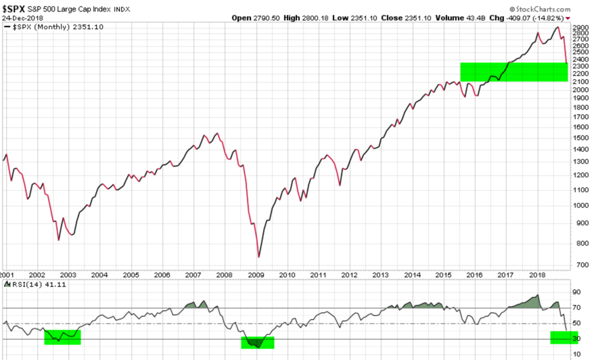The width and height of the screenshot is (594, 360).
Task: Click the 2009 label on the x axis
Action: click(x=256, y=275)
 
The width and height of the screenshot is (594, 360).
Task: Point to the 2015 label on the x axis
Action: click(x=443, y=275)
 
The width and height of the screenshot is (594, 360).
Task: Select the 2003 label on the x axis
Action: click(x=69, y=275)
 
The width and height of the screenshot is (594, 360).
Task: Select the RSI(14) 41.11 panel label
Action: click(x=28, y=286)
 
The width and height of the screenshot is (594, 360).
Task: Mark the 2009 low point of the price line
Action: click(x=258, y=257)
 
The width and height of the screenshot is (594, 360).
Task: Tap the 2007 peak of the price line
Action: click(x=216, y=133)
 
